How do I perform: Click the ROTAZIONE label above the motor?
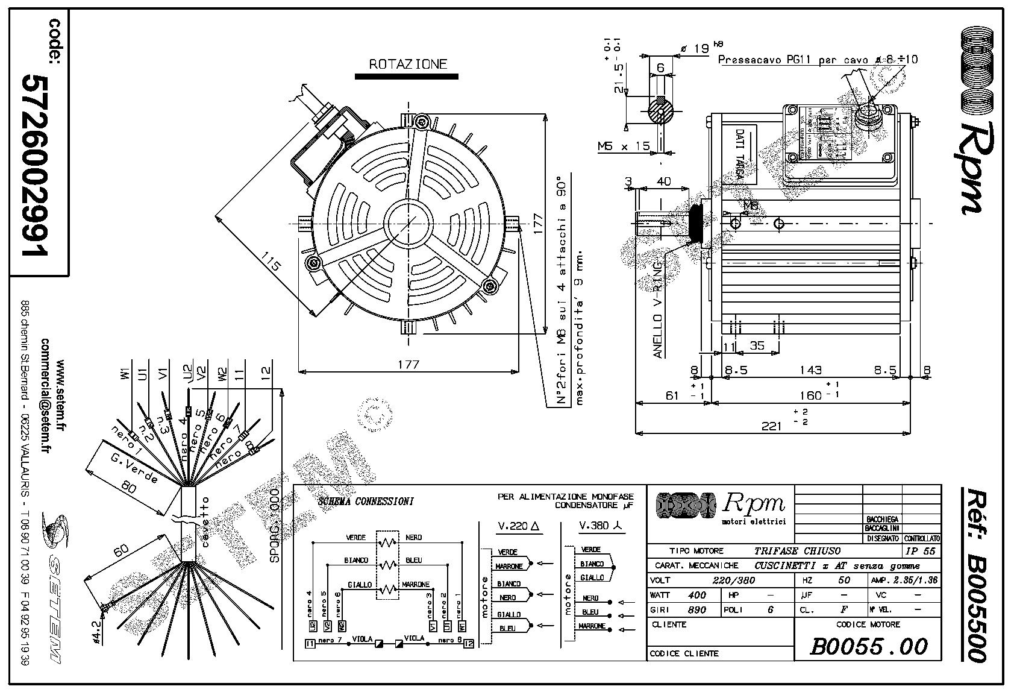(408, 64)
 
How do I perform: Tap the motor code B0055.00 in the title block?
(868, 647)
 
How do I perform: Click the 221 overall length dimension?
(771, 426)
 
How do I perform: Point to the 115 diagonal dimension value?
(272, 263)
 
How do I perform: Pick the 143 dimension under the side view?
(810, 370)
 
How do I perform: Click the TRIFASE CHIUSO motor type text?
(797, 551)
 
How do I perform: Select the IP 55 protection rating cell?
(920, 551)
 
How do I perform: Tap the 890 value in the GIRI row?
(696, 609)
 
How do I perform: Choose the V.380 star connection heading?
(601, 526)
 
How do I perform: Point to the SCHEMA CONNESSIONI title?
(365, 502)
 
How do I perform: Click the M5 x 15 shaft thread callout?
(624, 146)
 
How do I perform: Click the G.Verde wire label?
(134, 468)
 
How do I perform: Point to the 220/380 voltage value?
(733, 580)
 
